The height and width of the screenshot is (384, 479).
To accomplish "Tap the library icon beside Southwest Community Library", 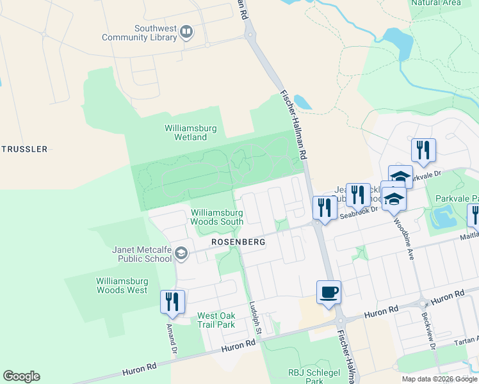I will click(x=186, y=31).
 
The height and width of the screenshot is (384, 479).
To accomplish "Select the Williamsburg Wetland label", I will click(x=190, y=132).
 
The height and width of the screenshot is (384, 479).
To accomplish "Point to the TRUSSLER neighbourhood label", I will click(x=24, y=149).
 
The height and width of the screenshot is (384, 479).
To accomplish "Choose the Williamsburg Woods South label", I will click(x=216, y=217).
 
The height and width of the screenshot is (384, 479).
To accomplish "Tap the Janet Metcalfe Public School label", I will click(x=142, y=254).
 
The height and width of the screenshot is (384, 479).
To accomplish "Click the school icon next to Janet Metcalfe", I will click(x=181, y=254).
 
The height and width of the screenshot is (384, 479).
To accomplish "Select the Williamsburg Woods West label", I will click(x=122, y=285).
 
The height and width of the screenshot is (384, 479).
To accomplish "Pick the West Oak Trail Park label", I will click(x=216, y=320).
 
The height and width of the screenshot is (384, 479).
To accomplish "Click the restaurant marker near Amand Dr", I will click(x=172, y=302).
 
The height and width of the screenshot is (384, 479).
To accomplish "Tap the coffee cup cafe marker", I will click(x=329, y=292).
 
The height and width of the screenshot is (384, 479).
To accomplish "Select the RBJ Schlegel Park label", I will click(x=305, y=376).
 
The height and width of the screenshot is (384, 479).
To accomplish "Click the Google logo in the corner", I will click(x=21, y=376).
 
